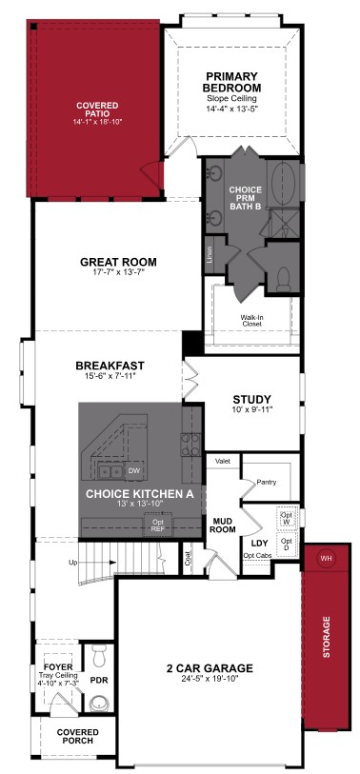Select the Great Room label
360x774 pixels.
click(x=118, y=263)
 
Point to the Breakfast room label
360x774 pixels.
click(x=110, y=366)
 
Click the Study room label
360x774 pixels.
click(x=252, y=400)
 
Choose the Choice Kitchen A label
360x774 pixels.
click(x=140, y=493)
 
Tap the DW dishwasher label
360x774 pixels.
click(x=133, y=470)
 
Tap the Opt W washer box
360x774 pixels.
click(x=286, y=519)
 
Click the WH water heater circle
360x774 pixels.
click(x=326, y=558)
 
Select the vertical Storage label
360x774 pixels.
click(x=327, y=638)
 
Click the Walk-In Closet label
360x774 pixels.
click(x=252, y=320)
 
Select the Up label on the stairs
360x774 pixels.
click(x=72, y=563)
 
